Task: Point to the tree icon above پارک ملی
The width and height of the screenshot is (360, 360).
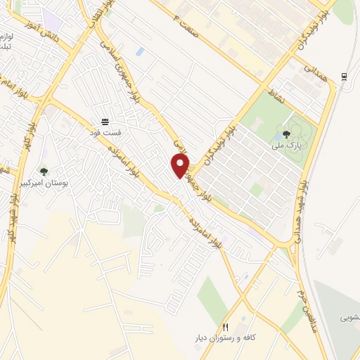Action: coord(286,134)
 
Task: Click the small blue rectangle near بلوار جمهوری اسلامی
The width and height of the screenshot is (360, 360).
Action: coord(140,51)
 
